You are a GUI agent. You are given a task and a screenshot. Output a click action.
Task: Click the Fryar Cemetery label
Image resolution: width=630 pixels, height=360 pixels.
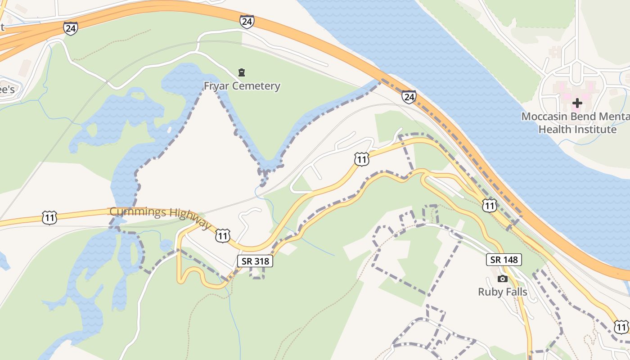[242, 86]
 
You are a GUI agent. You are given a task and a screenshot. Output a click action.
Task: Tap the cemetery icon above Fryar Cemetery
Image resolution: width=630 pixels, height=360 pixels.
[242, 72]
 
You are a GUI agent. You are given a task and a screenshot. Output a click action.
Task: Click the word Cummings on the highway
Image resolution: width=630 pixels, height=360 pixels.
[132, 211]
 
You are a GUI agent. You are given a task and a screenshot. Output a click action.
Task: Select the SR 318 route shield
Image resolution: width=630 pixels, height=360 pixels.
[255, 261]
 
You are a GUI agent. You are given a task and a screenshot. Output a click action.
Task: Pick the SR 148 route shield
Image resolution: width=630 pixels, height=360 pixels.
[504, 260]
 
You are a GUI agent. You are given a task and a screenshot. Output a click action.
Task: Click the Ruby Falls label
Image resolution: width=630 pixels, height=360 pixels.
[502, 292]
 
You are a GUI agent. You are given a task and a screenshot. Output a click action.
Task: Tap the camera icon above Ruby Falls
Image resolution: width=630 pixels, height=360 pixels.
[503, 279]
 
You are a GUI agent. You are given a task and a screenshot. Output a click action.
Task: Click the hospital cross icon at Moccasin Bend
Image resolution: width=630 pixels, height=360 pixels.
[577, 103]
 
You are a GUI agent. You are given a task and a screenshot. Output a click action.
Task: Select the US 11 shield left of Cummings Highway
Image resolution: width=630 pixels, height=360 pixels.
[49, 218]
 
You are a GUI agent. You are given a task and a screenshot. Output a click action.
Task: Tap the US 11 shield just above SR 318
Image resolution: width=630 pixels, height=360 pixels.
[223, 235]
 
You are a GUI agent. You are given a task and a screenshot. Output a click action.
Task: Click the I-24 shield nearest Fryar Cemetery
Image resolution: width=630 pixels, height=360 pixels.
[247, 22]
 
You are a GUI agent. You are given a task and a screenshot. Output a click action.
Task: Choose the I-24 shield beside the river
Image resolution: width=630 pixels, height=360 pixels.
[409, 97]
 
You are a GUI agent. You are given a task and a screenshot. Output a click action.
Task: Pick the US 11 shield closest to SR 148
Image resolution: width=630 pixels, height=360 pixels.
[489, 206]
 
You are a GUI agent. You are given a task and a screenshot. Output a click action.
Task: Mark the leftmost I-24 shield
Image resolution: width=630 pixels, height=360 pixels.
[71, 28]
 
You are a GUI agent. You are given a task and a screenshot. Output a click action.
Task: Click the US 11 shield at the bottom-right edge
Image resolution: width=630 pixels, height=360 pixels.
[621, 327]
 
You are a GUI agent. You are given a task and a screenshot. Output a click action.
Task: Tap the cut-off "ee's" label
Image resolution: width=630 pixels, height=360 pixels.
[7, 90]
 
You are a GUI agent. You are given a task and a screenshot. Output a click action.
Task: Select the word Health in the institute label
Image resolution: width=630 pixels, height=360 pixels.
[553, 130]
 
